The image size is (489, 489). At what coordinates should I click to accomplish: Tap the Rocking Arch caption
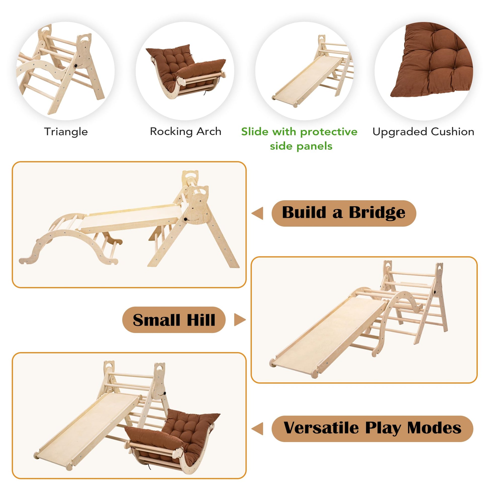point(185,132)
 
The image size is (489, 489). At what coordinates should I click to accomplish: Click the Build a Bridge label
point(344,213)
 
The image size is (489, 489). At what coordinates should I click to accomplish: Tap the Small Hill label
point(174,320)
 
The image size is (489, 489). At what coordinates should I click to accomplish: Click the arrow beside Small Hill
point(240,320)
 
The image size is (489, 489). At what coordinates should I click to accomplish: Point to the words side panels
point(301,146)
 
